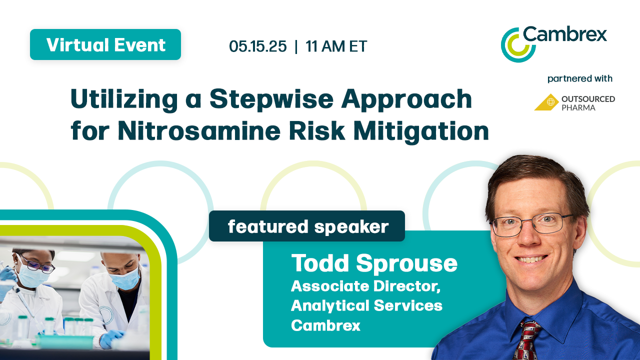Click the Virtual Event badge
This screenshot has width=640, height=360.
tap(105, 44)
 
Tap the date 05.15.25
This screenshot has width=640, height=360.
tap(257, 46)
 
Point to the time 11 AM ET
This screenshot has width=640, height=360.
tap(336, 46)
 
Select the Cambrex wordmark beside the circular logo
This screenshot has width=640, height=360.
tap(564, 35)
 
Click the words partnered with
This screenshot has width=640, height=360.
tap(579, 78)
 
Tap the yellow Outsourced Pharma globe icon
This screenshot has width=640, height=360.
tap(546, 102)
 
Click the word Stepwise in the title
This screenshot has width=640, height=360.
tap(271, 99)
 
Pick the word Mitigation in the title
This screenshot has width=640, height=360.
tap(421, 131)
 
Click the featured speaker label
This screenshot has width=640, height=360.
tap(307, 226)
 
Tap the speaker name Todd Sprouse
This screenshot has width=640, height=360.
tap(374, 263)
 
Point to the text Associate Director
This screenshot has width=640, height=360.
tap(365, 286)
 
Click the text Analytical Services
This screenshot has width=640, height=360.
tap(366, 305)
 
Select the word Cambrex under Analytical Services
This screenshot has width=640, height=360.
tap(325, 325)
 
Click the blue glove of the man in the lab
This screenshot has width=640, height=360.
tap(111, 339)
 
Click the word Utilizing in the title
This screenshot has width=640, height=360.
tap(124, 99)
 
